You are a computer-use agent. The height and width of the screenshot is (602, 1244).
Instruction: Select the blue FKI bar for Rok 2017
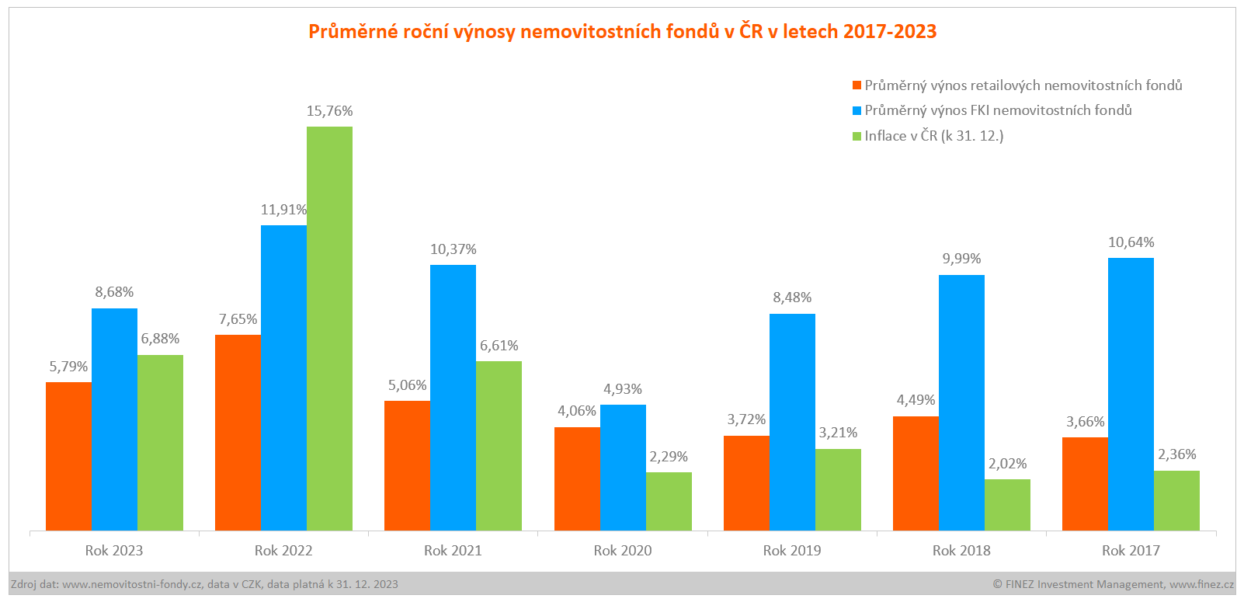click(x=1131, y=395)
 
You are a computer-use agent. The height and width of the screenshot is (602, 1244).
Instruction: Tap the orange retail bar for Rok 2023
click(x=68, y=457)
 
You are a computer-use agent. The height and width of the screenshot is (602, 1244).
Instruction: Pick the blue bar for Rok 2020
click(x=623, y=468)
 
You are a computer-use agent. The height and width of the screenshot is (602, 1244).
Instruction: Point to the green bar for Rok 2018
click(x=1007, y=505)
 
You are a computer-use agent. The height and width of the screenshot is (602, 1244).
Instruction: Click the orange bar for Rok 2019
click(x=746, y=483)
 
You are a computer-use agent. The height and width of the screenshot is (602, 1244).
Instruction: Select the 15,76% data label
click(x=329, y=111)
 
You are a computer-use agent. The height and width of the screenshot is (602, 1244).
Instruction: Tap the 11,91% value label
click(x=283, y=210)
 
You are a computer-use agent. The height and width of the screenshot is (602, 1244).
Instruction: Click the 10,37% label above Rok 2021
click(x=453, y=249)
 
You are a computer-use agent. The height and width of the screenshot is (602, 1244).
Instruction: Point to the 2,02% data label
click(x=1007, y=464)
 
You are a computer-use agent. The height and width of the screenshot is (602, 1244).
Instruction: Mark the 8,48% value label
click(x=792, y=298)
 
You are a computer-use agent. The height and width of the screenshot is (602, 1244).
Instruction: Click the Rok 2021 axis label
click(x=453, y=551)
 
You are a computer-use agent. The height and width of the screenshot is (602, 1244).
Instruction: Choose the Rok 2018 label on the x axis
click(x=961, y=551)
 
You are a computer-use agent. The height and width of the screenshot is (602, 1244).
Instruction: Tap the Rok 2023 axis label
click(x=114, y=551)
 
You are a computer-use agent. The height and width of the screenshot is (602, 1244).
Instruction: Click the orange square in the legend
click(x=857, y=85)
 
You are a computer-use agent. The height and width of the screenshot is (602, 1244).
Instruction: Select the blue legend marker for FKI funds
click(x=857, y=110)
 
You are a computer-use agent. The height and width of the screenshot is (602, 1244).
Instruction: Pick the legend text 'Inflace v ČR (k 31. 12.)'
click(x=933, y=136)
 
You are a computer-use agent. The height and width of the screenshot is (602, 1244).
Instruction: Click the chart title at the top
click(x=622, y=31)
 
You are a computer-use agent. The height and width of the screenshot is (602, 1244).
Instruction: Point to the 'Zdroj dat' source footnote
click(x=204, y=584)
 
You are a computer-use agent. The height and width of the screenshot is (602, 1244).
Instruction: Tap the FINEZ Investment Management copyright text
click(x=1113, y=584)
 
